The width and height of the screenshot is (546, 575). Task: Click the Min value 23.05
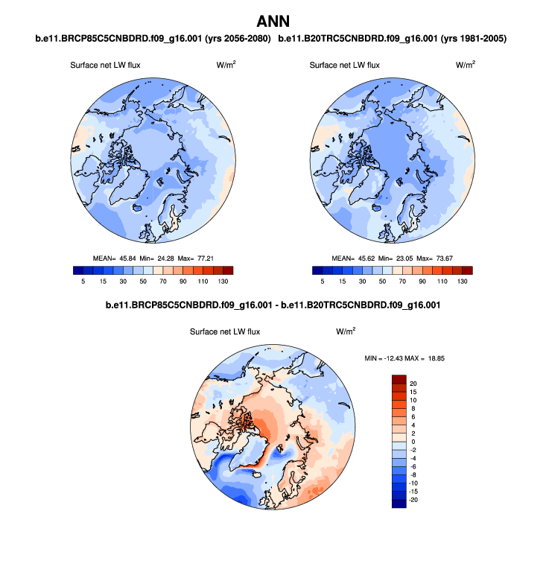point(403,258)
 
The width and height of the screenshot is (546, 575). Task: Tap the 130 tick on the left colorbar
point(223,282)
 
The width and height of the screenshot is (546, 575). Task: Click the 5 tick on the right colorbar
point(323,282)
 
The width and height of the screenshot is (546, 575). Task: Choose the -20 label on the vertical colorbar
point(413,500)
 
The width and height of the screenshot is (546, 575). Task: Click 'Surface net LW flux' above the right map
point(344,66)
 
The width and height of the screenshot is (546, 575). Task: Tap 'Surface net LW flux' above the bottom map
point(225,332)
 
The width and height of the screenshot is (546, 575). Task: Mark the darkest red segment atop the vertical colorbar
point(399,378)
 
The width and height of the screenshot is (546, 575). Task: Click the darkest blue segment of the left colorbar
point(78,270)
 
